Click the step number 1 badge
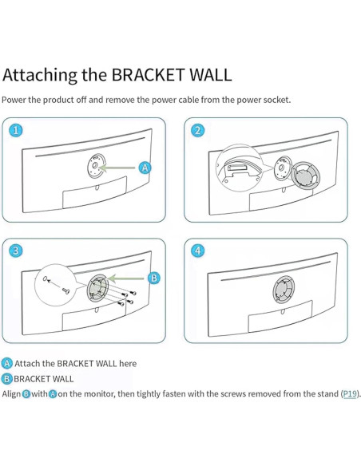(16, 130)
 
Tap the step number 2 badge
(198, 130)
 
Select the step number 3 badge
(16, 251)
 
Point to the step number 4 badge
(198, 251)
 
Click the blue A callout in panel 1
(145, 168)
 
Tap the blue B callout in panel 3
(154, 278)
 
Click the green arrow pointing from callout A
(117, 168)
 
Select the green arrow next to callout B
(126, 278)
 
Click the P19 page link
(350, 393)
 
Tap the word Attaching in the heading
(40, 75)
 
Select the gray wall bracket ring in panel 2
(305, 177)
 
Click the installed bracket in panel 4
(284, 288)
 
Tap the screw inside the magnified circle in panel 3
(65, 290)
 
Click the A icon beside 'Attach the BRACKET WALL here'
(7, 364)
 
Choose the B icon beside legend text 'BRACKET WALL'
(7, 379)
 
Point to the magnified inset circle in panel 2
(240, 168)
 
